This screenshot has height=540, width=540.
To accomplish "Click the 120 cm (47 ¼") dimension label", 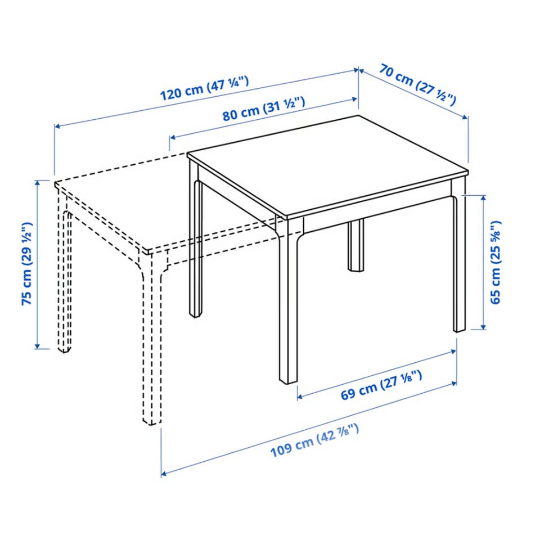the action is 205,89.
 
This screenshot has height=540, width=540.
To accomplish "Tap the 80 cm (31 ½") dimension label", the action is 264,109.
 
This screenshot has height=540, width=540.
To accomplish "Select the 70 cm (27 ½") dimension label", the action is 418,84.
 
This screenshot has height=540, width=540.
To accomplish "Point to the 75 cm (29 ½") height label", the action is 27,264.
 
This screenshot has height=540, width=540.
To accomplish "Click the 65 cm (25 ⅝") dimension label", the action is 496,262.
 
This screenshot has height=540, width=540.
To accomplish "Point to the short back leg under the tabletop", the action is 355,245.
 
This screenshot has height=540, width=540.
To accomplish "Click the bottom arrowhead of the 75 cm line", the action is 38,346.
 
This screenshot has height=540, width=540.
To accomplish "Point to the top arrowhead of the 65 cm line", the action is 484,199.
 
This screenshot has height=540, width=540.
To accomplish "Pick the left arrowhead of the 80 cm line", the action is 173,138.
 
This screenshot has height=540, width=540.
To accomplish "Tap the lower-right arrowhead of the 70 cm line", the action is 465,117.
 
